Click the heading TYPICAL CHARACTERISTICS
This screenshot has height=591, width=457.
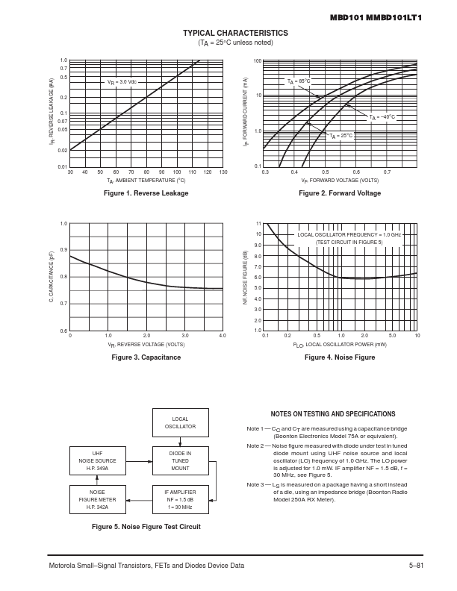[x=235, y=34]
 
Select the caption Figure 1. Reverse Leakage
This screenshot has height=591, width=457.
[x=146, y=193]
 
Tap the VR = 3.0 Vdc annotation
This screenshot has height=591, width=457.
[x=122, y=81]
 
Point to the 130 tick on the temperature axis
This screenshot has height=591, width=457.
[x=223, y=172]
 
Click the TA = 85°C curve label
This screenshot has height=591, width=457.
[x=299, y=81]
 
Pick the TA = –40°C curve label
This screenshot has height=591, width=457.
[x=382, y=117]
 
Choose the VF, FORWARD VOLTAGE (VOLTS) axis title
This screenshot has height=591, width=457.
[x=340, y=181]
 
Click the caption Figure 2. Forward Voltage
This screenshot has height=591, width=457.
[x=340, y=193]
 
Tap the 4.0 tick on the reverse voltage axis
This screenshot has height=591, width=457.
[x=223, y=336]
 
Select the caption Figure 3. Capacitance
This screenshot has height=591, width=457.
[x=146, y=357]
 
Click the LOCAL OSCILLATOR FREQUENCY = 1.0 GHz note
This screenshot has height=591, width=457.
[x=349, y=234]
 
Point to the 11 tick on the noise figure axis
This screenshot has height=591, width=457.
[x=258, y=224]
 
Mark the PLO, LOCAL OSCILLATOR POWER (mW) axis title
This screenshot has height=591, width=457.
[x=340, y=345]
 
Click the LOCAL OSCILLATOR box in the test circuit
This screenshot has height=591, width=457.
[x=180, y=423]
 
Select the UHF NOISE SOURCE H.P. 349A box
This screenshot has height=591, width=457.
[x=98, y=461]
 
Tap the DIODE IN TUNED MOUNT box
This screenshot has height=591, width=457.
[x=180, y=461]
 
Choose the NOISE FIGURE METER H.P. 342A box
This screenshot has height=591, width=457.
[x=98, y=500]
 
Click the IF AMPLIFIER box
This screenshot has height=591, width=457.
[x=180, y=500]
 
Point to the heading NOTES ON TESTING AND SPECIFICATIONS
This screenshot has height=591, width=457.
[x=333, y=414]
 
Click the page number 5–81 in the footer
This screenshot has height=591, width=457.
[x=416, y=565]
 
